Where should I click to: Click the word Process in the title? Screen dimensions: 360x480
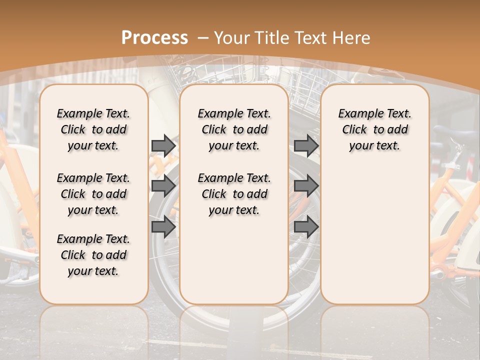point(154,38)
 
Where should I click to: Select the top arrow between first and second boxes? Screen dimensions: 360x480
point(163,145)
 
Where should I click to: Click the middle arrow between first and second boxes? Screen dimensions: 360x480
point(163,186)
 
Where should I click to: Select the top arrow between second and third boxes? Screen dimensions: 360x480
point(306,145)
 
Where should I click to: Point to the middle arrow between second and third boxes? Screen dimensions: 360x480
point(306,186)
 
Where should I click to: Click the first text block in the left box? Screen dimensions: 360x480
point(93,129)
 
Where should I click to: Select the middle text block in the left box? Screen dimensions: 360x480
point(93,194)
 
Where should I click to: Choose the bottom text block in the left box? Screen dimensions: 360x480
point(93,255)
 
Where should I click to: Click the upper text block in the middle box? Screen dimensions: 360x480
point(234,129)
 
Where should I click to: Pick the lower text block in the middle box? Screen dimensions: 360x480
point(234,194)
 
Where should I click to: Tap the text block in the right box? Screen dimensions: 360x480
point(374,129)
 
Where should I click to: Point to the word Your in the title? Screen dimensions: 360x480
point(232,38)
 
